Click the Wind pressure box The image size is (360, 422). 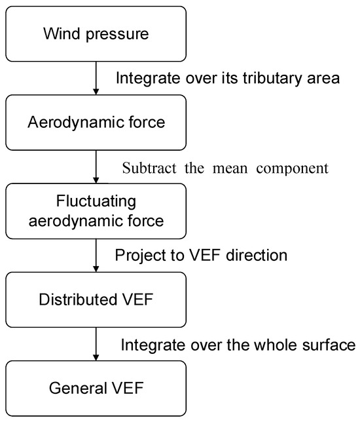click(x=96, y=33)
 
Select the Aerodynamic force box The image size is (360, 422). click(x=96, y=123)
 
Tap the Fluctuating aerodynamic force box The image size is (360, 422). click(x=96, y=211)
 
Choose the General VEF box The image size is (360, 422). click(x=96, y=388)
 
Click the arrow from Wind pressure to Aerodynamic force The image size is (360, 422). click(x=96, y=78)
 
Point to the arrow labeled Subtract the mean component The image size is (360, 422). click(x=96, y=166)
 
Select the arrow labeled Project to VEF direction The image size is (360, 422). click(x=96, y=255)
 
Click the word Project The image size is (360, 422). click(x=137, y=256)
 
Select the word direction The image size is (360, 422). click(x=255, y=256)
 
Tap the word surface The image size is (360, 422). click(x=330, y=344)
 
